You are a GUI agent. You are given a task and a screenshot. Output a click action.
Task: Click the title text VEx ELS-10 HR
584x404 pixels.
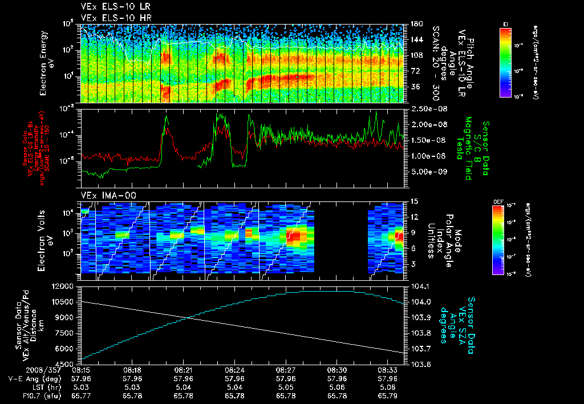click(115, 18)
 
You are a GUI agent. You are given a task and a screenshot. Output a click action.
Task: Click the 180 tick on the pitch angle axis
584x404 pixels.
click(416, 24)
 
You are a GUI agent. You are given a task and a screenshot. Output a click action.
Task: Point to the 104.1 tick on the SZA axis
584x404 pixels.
click(420, 286)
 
